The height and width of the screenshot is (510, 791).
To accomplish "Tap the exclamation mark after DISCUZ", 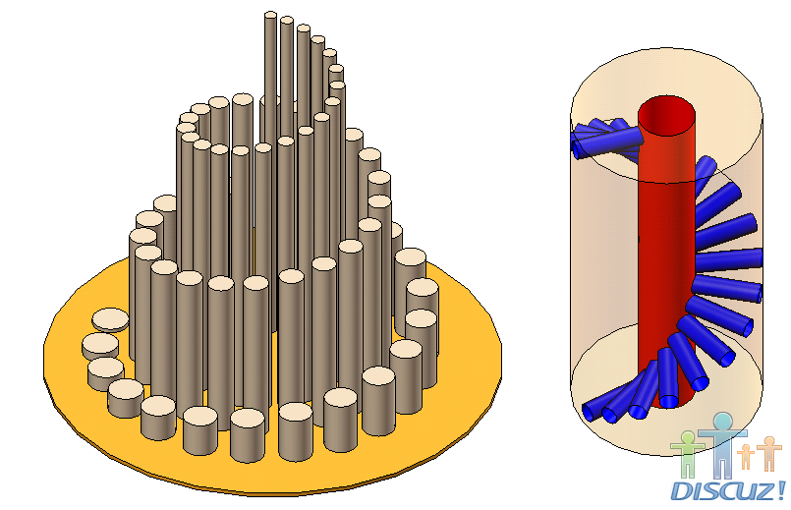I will coord(780,487).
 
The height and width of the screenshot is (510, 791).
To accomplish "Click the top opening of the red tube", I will coord(668,116).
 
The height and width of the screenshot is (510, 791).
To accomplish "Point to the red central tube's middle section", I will coord(656,255).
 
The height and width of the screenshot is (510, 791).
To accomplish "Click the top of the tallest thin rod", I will coord(271,15).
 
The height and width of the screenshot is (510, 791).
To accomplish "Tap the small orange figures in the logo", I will coord(763,454).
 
